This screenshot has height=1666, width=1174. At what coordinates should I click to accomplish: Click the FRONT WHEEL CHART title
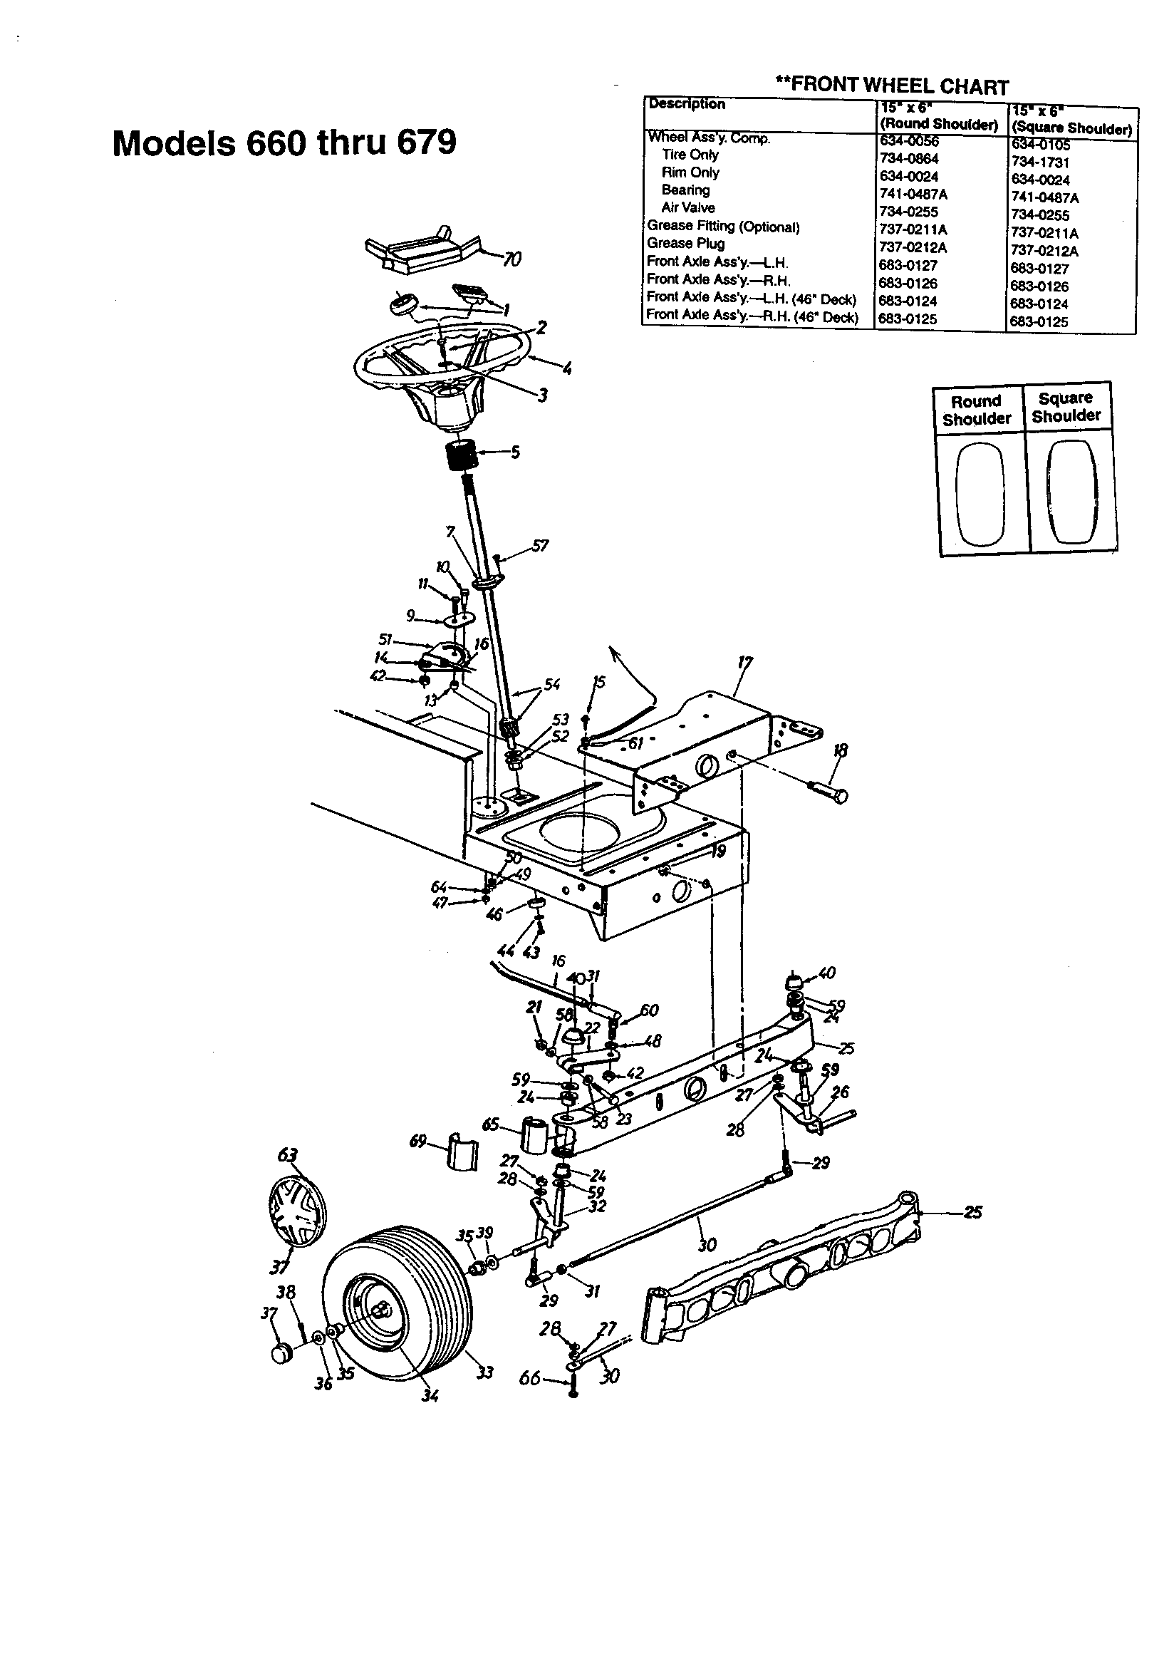892,86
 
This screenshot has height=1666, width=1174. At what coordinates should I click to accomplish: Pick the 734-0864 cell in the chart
908,158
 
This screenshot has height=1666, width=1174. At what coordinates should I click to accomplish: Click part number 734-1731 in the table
1040,162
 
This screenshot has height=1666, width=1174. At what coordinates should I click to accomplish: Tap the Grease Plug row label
686,244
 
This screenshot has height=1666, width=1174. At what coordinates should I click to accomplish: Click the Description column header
687,105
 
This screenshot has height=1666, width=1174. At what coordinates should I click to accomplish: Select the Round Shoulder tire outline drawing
980,495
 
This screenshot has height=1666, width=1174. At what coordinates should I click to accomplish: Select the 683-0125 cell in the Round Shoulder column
908,319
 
